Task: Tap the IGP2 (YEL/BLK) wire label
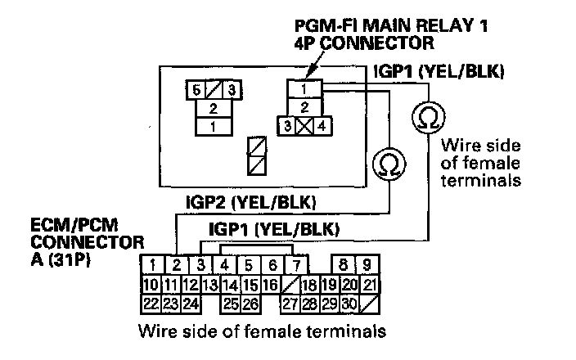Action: tap(252, 200)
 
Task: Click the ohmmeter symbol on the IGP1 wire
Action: tap(426, 118)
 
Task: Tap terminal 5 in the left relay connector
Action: tap(196, 89)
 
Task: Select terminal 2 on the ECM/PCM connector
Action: tap(175, 264)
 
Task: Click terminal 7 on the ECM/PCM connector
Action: tap(295, 264)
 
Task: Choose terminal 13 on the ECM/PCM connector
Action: tap(210, 285)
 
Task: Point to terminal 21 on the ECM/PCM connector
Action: tap(369, 285)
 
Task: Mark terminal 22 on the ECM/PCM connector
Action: tap(151, 304)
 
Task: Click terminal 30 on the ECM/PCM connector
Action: tap(349, 304)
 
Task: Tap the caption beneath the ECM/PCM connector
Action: tap(262, 332)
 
